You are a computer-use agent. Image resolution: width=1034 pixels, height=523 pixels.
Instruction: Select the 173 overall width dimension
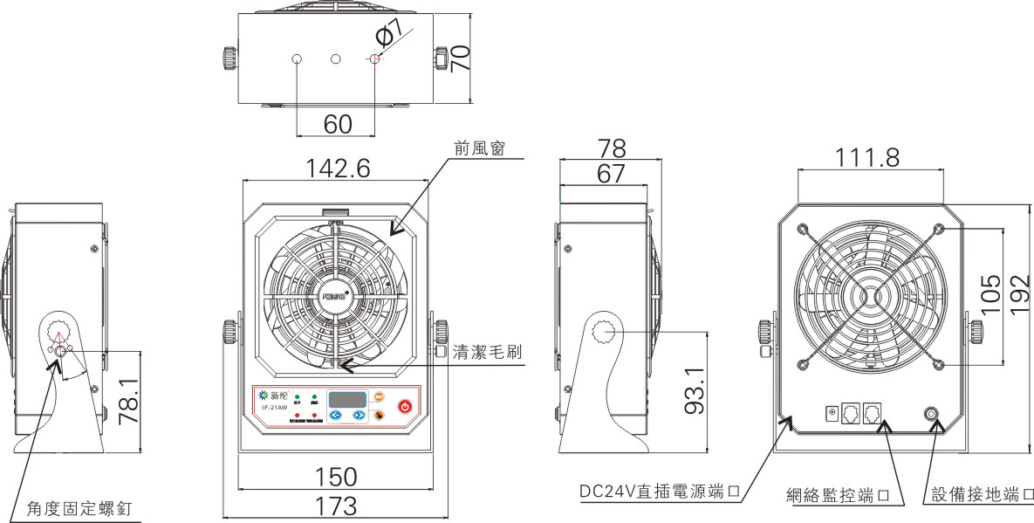[336, 506]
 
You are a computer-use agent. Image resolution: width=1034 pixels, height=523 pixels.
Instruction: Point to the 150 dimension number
[336, 477]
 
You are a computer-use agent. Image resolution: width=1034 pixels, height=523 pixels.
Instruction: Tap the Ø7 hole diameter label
[390, 34]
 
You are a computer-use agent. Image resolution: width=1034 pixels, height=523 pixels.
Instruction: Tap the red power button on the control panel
[405, 406]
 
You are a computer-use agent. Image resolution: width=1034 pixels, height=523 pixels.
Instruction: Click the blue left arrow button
[335, 415]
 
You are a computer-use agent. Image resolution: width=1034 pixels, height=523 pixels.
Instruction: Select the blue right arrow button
[358, 415]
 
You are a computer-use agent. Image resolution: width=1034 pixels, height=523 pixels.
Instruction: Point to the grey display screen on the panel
[346, 399]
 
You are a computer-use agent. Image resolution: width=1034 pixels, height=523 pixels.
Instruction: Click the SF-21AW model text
[276, 407]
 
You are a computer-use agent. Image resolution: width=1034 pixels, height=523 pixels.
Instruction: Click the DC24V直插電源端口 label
[661, 492]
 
